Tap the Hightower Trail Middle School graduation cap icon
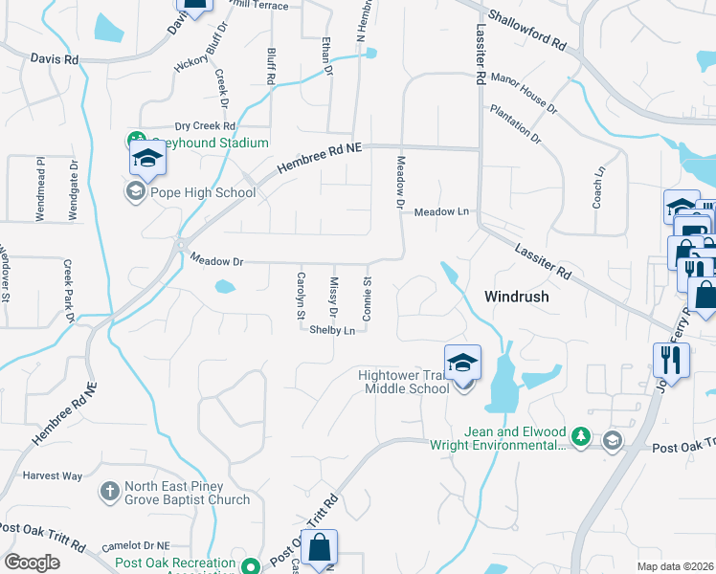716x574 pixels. (x=462, y=363)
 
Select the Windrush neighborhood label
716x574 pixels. (x=517, y=297)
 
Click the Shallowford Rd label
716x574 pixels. (x=526, y=32)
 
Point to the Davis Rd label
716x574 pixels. (x=54, y=58)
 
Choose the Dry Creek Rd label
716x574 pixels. (x=205, y=126)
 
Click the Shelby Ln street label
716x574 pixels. (x=332, y=330)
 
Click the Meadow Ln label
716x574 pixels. (x=441, y=211)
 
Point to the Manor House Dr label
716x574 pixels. (x=523, y=89)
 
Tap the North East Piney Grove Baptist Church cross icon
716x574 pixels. (x=110, y=492)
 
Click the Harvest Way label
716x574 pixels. (x=53, y=475)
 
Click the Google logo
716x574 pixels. (x=32, y=562)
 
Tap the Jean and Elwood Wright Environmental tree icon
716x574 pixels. (x=580, y=438)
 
